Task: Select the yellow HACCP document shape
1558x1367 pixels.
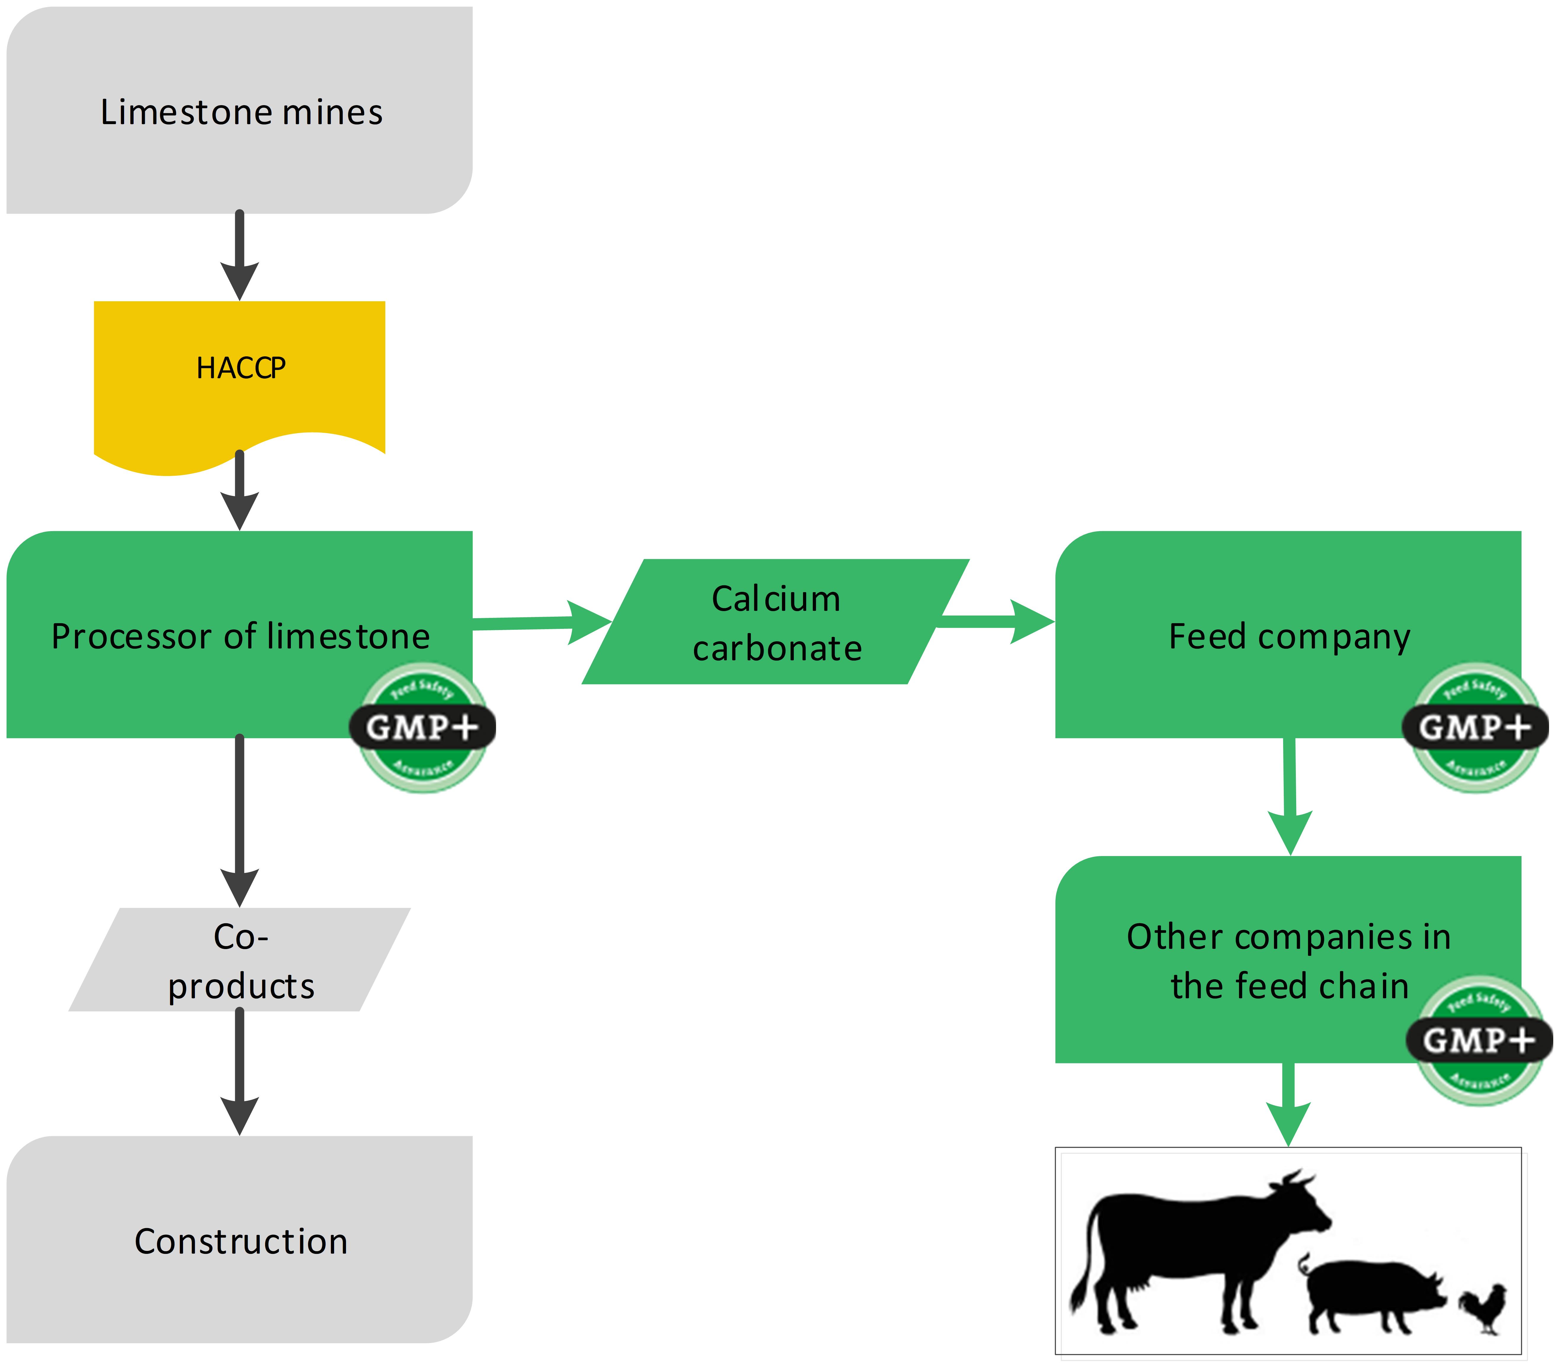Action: [239, 374]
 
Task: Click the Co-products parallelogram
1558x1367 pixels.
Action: [240, 961]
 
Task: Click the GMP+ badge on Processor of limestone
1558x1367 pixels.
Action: [422, 728]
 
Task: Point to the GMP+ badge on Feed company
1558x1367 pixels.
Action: [1475, 728]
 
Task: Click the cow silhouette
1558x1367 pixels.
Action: [1197, 1243]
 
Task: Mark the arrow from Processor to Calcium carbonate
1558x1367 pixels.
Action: [541, 623]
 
